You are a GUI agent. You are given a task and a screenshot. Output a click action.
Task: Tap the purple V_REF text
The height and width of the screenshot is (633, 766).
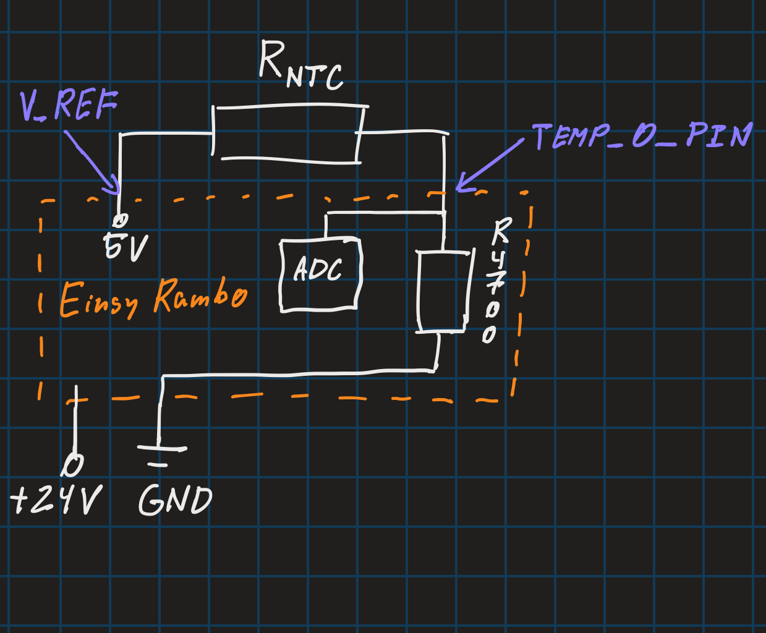click(x=69, y=105)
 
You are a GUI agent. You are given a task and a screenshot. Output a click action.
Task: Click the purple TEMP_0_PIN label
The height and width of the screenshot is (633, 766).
click(x=642, y=136)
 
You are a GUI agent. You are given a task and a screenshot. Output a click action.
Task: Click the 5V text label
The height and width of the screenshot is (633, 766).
click(x=126, y=247)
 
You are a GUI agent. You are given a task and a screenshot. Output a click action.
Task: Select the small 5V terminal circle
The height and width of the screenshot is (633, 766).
click(x=120, y=221)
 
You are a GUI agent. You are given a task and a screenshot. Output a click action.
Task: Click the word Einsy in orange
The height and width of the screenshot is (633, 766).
click(x=99, y=300)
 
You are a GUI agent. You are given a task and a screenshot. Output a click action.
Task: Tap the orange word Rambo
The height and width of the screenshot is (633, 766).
click(x=200, y=295)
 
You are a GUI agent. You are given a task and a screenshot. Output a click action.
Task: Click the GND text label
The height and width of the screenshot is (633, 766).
click(x=176, y=500)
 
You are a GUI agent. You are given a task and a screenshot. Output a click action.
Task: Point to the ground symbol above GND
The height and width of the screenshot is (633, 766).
click(x=161, y=448)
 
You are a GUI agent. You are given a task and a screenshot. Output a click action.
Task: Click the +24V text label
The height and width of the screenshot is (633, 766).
click(x=56, y=499)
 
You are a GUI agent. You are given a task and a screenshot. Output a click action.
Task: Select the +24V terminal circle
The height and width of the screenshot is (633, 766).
click(x=72, y=465)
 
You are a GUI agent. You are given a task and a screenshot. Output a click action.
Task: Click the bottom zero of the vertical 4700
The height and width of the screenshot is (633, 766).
click(x=489, y=335)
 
